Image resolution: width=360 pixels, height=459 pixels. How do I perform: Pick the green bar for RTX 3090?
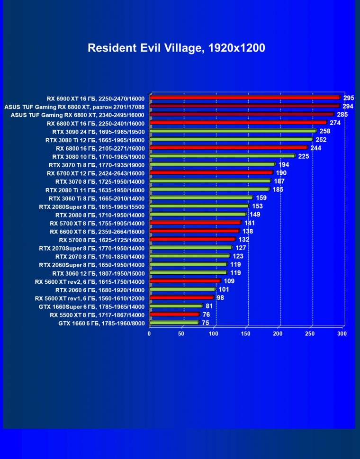(x=233, y=131)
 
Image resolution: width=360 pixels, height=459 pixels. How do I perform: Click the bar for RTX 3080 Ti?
(x=231, y=139)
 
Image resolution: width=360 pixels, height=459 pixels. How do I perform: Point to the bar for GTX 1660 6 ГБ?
(x=174, y=323)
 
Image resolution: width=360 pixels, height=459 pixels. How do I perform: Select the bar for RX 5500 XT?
(x=174, y=314)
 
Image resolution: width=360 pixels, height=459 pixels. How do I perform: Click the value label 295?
(x=349, y=98)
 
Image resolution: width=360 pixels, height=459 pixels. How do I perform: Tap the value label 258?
(x=324, y=131)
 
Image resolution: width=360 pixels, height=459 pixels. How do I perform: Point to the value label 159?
(x=261, y=198)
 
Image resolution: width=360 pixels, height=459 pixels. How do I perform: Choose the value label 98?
(x=220, y=297)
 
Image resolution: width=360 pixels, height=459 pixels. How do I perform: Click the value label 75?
(x=205, y=323)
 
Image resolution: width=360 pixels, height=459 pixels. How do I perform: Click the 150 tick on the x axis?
(x=245, y=333)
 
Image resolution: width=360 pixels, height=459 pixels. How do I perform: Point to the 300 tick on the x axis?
(x=342, y=333)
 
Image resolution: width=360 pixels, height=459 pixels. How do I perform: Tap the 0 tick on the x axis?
(x=149, y=333)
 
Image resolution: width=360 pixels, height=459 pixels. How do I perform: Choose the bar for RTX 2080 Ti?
(x=209, y=189)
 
